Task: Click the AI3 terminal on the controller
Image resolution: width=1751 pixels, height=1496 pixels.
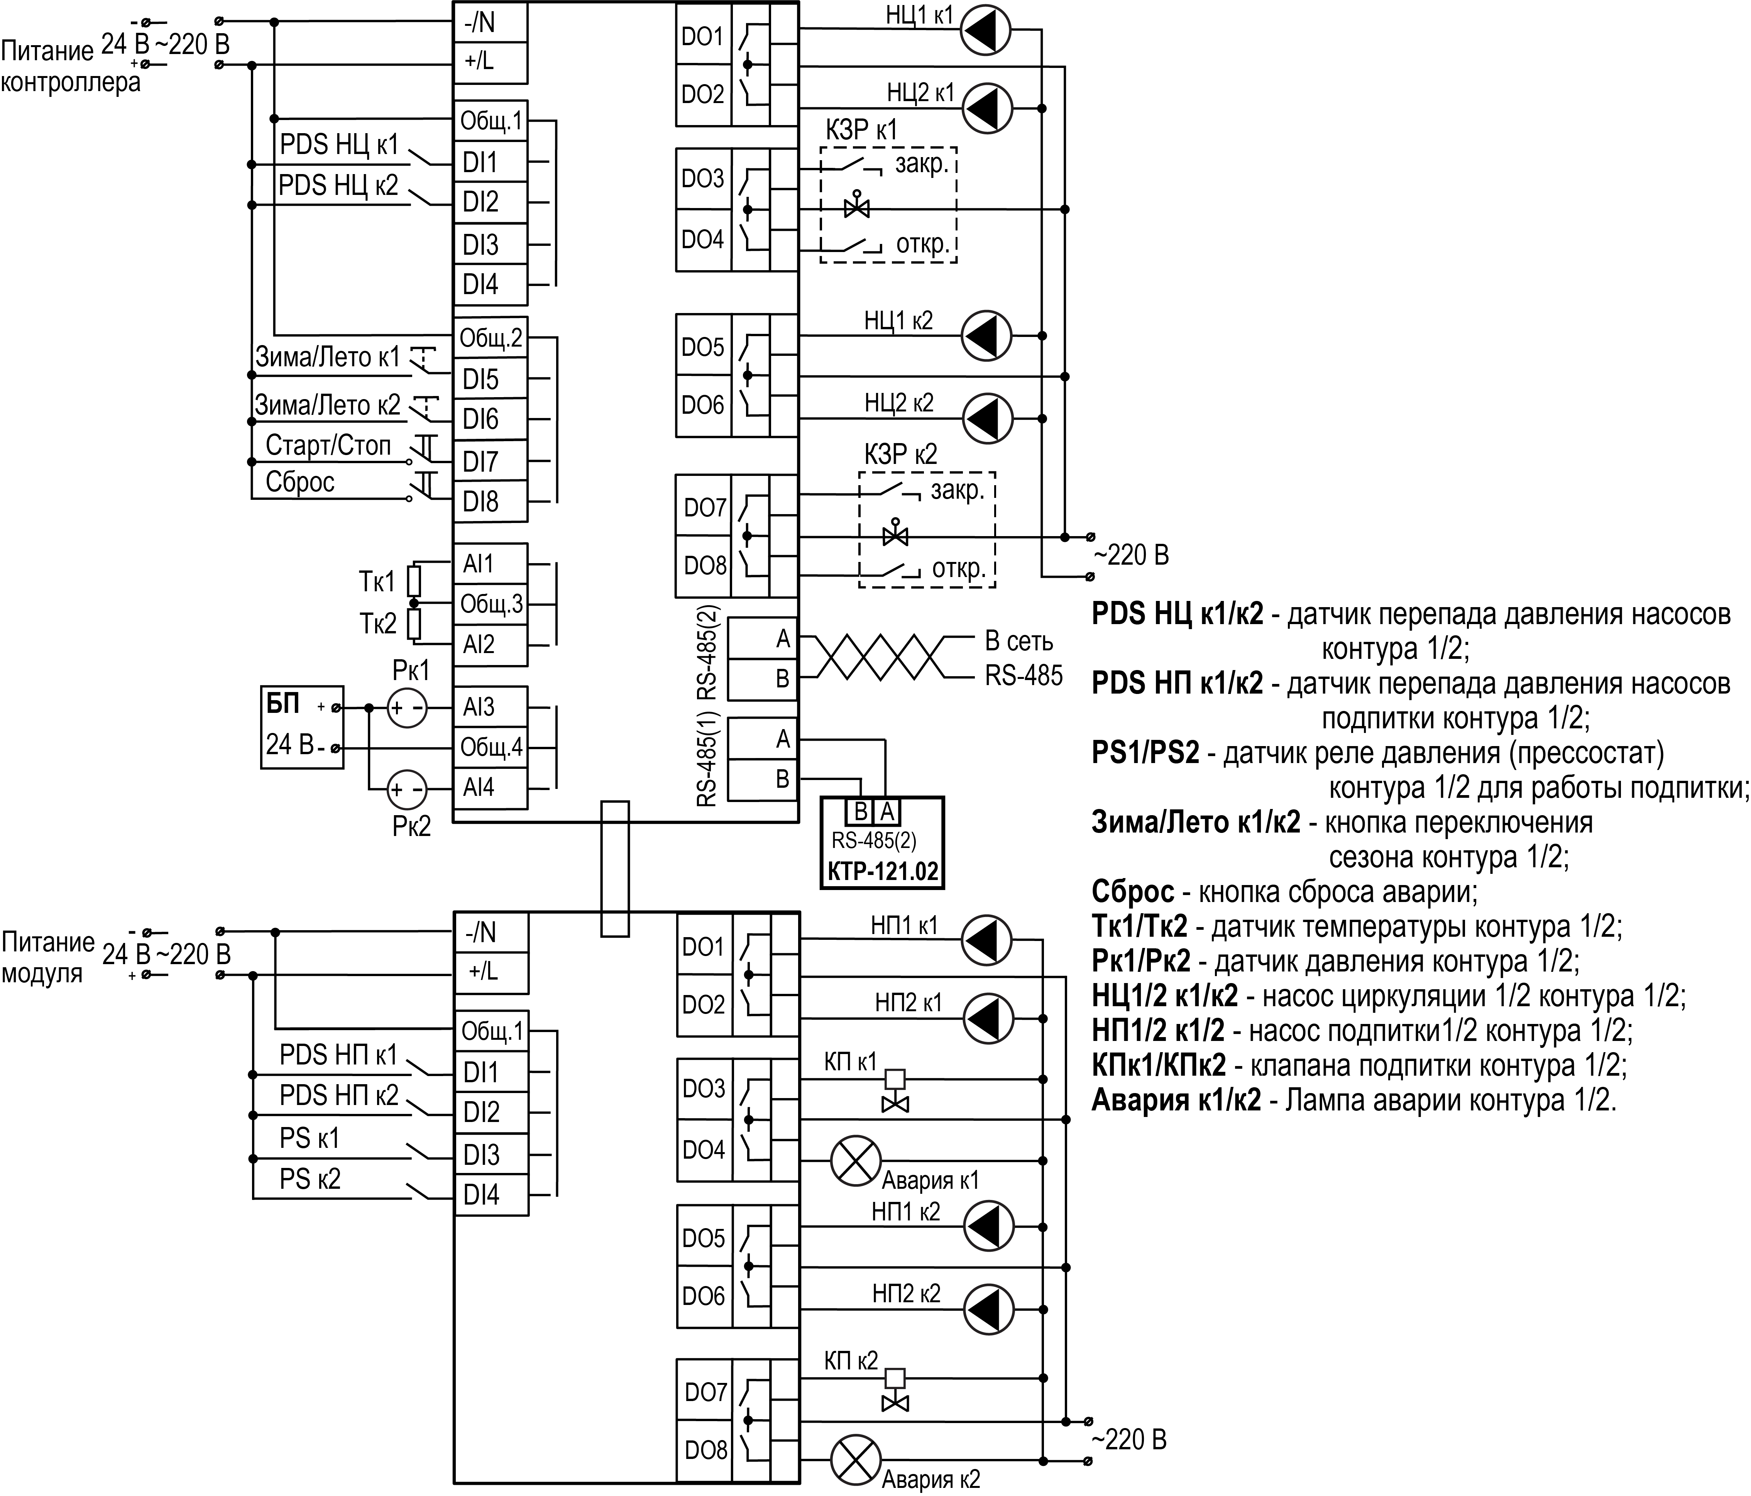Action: pos(490,707)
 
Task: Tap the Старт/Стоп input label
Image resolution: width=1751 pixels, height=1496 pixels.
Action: pos(328,445)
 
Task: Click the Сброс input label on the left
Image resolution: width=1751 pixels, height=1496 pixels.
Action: pos(300,482)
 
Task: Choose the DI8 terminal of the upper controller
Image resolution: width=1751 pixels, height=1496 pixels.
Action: pos(490,502)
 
